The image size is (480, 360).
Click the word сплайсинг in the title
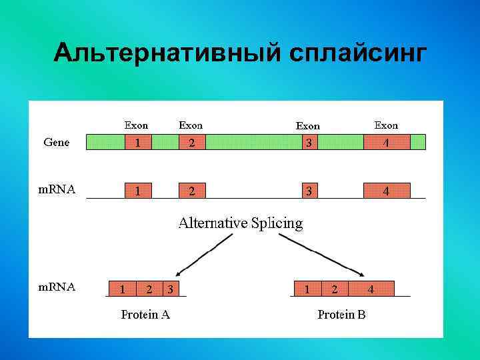pos(357,53)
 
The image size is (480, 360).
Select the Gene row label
pos(56,142)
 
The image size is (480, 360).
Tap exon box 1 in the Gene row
pos(138,142)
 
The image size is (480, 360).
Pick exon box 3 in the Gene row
pos(309,142)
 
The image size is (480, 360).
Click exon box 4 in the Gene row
pos(386,142)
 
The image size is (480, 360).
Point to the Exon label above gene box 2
pos(191,125)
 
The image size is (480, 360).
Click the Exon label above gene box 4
pos(386,125)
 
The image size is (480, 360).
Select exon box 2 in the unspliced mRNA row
pos(192,191)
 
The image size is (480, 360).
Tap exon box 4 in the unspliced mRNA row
pos(386,191)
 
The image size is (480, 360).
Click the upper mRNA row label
pos(56,189)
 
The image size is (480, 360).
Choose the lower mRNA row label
pos(56,287)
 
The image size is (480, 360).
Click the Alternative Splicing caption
pos(240,223)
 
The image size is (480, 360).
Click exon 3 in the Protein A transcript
pos(171,289)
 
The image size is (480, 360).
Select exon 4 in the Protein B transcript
pos(371,289)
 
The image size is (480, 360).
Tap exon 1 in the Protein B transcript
pos(307,289)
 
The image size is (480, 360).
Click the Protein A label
pos(145,315)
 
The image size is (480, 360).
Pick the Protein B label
pos(341,315)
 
